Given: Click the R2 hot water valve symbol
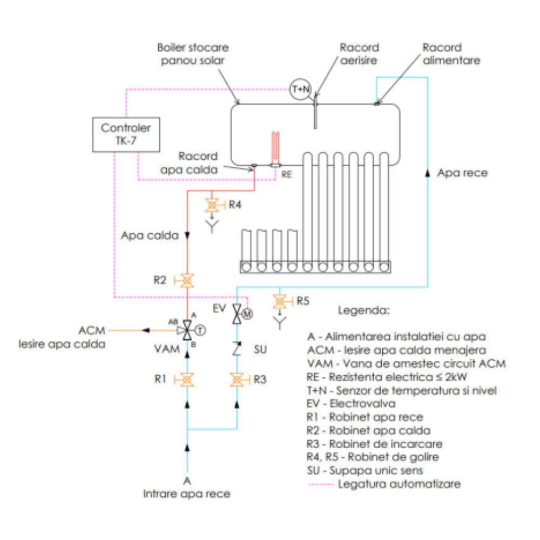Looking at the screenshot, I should (x=187, y=280).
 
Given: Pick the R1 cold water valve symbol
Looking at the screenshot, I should (x=187, y=380).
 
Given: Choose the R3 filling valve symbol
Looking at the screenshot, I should (x=237, y=380).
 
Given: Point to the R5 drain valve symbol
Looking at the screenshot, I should (x=279, y=300).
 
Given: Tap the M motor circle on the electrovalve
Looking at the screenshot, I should (x=247, y=314).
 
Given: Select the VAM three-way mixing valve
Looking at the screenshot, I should (x=187, y=329).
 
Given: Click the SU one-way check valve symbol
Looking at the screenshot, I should (x=237, y=347).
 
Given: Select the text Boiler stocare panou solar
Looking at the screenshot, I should (x=193, y=53).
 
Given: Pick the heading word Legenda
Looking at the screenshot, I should (x=362, y=311).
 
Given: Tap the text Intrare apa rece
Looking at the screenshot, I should (x=187, y=493).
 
